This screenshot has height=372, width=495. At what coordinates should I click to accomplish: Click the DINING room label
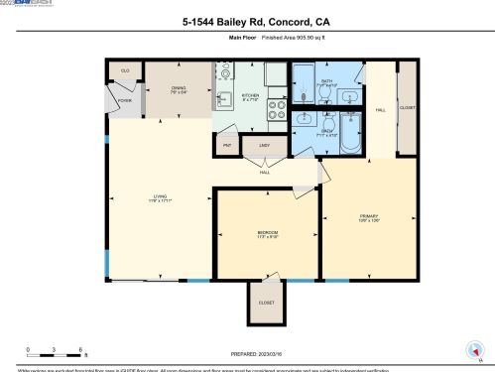[179, 90]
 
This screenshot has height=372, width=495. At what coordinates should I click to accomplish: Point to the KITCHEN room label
[251, 97]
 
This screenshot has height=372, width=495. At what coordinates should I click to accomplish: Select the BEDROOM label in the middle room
[267, 235]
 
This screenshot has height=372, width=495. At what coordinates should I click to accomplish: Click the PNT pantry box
[227, 146]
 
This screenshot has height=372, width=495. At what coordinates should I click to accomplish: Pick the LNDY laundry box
[264, 146]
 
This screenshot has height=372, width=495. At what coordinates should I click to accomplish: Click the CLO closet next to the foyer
[125, 71]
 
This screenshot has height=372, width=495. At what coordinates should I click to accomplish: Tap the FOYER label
[125, 100]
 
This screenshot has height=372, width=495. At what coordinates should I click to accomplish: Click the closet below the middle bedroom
[266, 304]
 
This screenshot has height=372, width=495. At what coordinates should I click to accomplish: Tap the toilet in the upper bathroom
[306, 96]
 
